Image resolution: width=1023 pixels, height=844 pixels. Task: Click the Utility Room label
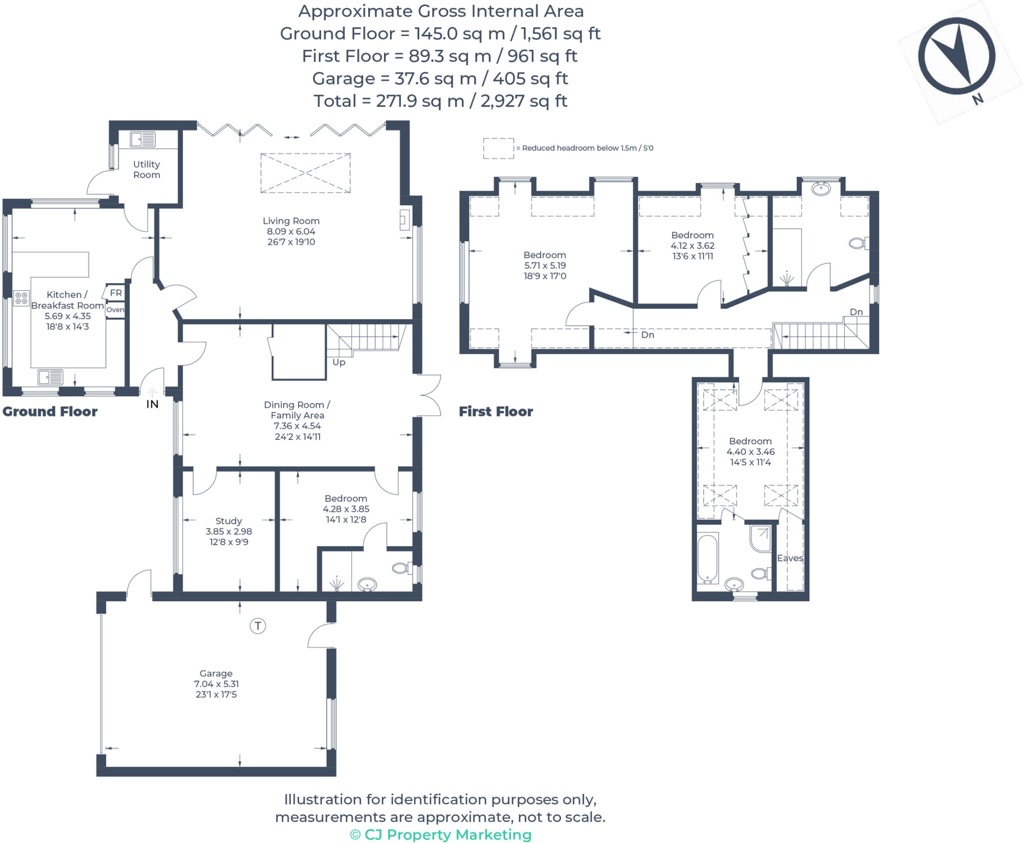[x=146, y=169]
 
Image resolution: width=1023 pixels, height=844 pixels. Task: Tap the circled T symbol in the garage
[x=258, y=626]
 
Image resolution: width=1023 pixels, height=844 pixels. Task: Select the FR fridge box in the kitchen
[x=115, y=293]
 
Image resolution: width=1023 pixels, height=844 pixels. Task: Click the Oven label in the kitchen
[x=115, y=310]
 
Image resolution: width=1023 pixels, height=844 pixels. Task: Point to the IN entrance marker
[x=152, y=404]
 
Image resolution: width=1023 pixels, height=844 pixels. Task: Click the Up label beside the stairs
[x=339, y=362]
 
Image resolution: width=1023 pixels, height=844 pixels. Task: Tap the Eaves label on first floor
[x=790, y=558]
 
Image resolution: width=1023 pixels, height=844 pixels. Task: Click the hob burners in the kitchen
[x=21, y=298]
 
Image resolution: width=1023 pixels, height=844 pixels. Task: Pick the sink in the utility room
[x=143, y=139]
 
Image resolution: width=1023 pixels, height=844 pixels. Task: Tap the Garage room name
[x=216, y=673]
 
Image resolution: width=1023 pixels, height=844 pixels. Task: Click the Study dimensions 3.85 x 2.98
[x=229, y=532]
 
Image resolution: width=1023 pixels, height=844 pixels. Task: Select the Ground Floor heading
[x=50, y=412]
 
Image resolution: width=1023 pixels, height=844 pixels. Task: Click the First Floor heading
[x=496, y=412]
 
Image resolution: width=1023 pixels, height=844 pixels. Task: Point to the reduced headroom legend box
[x=498, y=148]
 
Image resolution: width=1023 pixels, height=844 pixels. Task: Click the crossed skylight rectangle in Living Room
[x=305, y=173]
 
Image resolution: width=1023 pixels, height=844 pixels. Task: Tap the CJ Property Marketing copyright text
[x=441, y=835]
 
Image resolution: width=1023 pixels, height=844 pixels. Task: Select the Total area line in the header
[x=440, y=101]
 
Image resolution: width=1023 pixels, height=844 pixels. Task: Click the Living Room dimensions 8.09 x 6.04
[x=291, y=231]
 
